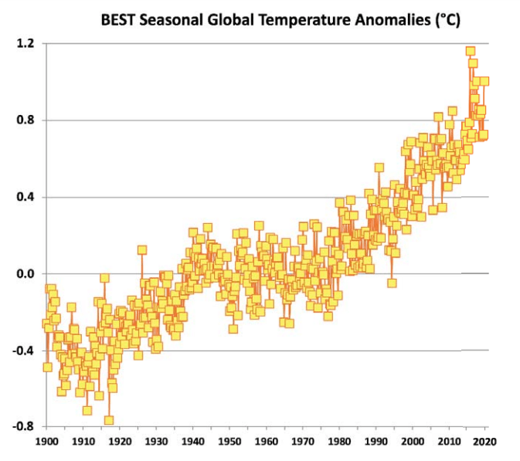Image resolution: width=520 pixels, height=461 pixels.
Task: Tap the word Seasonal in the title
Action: coord(174,20)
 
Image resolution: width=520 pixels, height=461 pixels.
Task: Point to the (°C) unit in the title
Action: coord(444,20)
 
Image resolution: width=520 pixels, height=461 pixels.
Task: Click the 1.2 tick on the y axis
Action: coord(25,44)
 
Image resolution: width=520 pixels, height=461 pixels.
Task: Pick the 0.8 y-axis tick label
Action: coord(25,120)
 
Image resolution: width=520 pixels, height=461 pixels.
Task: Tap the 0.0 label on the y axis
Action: coord(25,274)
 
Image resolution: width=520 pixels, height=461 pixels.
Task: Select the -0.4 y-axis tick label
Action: coord(24,351)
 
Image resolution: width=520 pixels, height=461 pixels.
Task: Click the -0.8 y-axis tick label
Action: coord(24,427)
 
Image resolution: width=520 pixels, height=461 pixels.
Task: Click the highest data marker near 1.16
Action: coord(470,51)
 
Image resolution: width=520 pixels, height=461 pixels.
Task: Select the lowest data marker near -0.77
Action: coord(109,420)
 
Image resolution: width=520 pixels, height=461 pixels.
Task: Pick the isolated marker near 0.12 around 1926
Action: coord(142,249)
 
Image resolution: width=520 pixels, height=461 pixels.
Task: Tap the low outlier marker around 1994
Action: coord(392,283)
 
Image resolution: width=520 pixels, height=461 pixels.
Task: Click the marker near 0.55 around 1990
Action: coord(379,168)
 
